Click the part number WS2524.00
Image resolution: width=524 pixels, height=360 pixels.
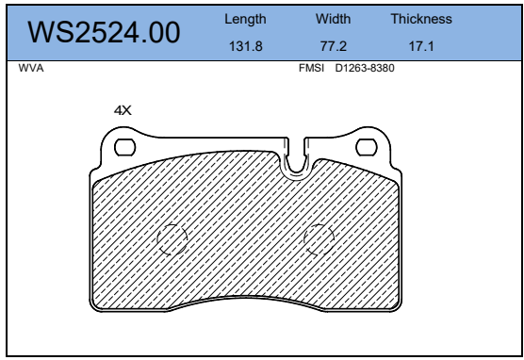click(104, 32)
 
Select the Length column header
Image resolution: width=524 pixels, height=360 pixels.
click(245, 19)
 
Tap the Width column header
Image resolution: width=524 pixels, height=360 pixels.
click(334, 19)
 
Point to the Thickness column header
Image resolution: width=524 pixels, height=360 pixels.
click(421, 19)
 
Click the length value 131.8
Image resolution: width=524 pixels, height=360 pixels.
click(246, 46)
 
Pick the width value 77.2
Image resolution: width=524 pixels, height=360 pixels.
click(334, 46)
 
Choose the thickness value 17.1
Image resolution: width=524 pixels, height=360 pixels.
click(421, 46)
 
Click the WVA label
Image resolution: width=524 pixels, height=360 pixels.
click(31, 68)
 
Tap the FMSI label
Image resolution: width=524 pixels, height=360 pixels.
click(311, 68)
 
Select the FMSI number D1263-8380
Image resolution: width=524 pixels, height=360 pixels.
click(365, 68)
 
